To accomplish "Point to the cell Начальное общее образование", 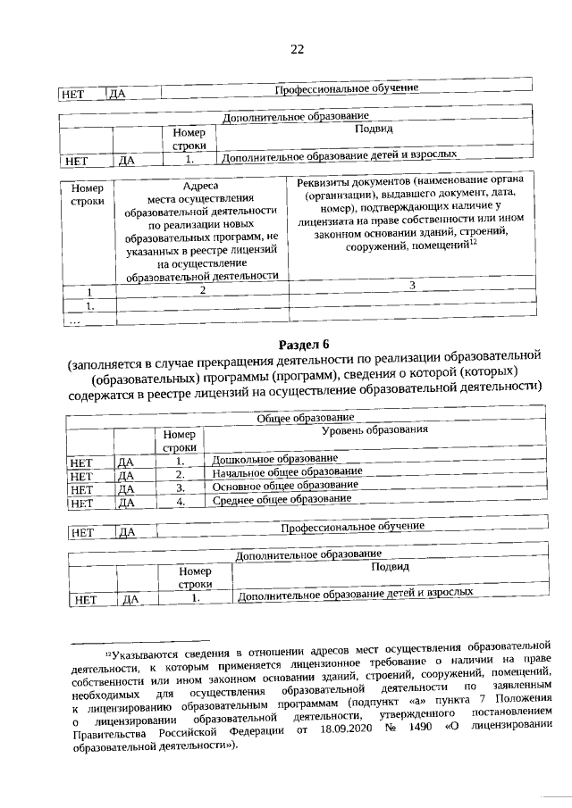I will (x=287, y=472).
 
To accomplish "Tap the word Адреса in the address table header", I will (x=200, y=187).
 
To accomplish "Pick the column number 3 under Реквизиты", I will (x=411, y=285).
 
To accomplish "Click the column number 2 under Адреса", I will (x=202, y=290).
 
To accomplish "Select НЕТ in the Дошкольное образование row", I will (x=81, y=462).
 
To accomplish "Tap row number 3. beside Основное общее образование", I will (x=180, y=488).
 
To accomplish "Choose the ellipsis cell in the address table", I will (x=75, y=321).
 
